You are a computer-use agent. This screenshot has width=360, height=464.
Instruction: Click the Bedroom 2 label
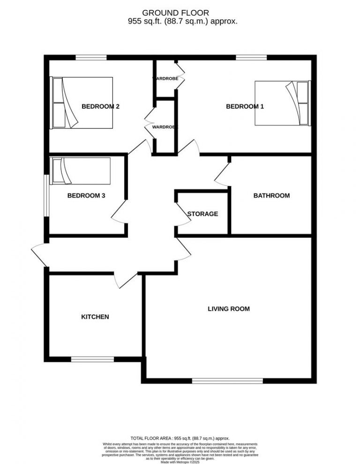[100, 106]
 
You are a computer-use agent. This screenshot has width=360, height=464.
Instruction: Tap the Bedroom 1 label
[245, 106]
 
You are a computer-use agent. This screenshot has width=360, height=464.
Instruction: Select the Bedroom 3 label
[86, 195]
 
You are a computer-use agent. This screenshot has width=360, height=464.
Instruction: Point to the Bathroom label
[271, 195]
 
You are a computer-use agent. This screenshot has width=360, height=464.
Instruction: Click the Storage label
[202, 214]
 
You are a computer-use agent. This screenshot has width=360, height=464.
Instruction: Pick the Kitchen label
[95, 317]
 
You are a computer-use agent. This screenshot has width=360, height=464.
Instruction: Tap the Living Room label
[229, 309]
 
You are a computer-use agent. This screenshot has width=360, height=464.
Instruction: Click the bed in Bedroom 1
[282, 103]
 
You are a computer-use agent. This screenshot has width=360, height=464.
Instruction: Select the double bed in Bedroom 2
[82, 103]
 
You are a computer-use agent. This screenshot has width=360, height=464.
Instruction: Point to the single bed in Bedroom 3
[81, 171]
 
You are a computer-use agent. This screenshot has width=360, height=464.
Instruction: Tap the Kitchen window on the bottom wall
[92, 359]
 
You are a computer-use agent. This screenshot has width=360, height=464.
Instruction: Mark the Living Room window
[227, 381]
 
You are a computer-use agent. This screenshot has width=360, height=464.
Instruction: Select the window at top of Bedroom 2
[91, 58]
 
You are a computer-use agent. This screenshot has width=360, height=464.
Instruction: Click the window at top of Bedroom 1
[251, 58]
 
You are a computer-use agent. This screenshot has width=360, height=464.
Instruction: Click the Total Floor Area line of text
[180, 437]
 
